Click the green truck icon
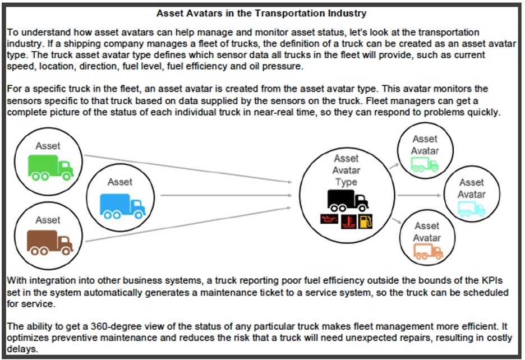click(50, 167)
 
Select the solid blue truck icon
click(122, 205)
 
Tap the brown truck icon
click(50, 242)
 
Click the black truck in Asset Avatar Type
click(347, 200)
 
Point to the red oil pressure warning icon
click(327, 220)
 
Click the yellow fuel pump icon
click(365, 220)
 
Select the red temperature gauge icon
click(346, 220)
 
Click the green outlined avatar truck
click(424, 164)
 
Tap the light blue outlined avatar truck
click(471, 209)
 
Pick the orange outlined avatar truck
click(428, 252)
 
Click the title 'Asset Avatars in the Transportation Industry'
click(261, 13)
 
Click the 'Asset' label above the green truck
click(48, 146)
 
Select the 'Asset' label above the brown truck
click(48, 220)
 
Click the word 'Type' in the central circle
click(346, 182)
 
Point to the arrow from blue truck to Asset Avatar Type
click(224, 195)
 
